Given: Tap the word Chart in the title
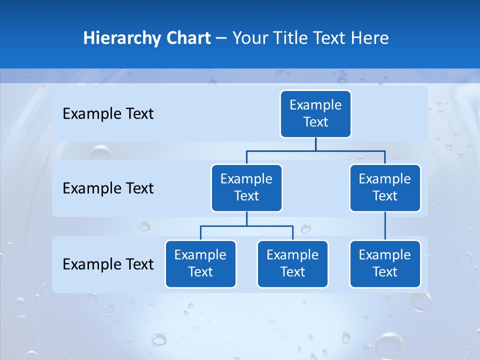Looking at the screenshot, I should point(188,38).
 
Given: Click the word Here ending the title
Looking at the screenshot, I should point(369,38).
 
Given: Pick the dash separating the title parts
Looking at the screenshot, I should point(221,38).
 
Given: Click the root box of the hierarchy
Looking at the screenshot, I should point(315,113).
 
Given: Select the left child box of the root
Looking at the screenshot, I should point(246,187).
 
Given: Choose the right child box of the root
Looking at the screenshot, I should point(385,187).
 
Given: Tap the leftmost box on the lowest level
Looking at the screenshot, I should point(200,263).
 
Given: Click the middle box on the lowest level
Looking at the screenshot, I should point(292,263).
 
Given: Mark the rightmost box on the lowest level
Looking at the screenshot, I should point(385,263).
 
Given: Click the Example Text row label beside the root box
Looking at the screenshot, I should point(108,114).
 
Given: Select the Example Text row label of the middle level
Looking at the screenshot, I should point(108,188).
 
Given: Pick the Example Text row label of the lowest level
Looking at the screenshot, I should point(108,264).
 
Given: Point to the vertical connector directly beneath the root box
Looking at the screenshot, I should point(315,144).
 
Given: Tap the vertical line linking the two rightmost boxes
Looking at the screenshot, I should point(385,226).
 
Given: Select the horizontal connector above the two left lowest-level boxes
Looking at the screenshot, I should point(246,226).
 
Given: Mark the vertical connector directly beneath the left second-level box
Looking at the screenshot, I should point(246,219).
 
